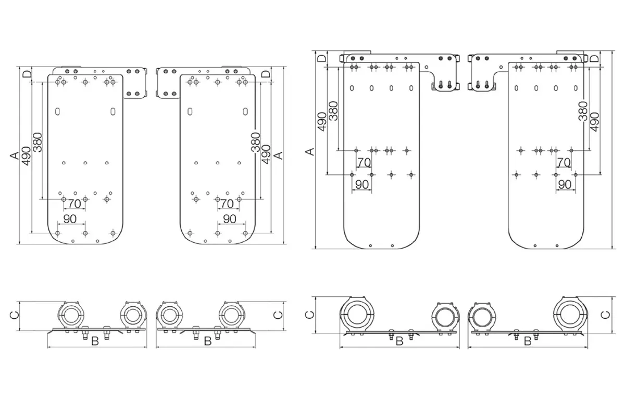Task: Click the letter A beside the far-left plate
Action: [14, 155]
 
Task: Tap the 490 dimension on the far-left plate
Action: [26, 156]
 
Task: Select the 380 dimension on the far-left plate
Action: [37, 142]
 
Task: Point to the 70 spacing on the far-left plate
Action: [74, 204]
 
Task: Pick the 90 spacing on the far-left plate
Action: [70, 219]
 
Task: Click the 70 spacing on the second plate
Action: [227, 204]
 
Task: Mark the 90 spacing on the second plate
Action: [230, 219]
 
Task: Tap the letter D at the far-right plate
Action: [594, 59]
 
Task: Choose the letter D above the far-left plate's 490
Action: [27, 74]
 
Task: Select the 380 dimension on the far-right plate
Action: [583, 111]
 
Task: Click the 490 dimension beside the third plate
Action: [322, 122]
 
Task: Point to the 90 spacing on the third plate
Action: [362, 185]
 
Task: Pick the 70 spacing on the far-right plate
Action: [564, 162]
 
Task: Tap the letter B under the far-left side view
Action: [95, 341]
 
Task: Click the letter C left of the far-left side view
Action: [14, 315]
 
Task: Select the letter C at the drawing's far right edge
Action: [605, 315]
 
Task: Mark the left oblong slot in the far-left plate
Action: [57, 112]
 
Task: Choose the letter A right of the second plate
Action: [279, 155]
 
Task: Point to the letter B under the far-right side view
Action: [528, 341]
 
